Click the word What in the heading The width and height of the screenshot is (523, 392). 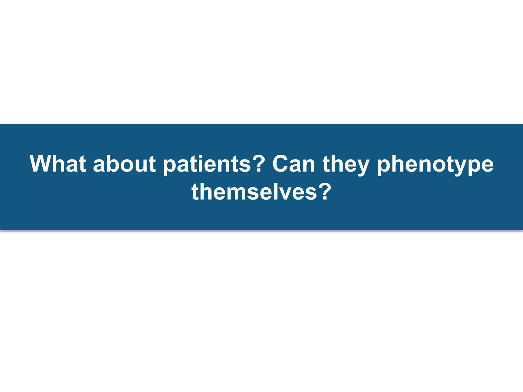pyautogui.click(x=58, y=164)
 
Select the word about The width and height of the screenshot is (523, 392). pyautogui.click(x=124, y=164)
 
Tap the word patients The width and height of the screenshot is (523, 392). pyautogui.click(x=207, y=165)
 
